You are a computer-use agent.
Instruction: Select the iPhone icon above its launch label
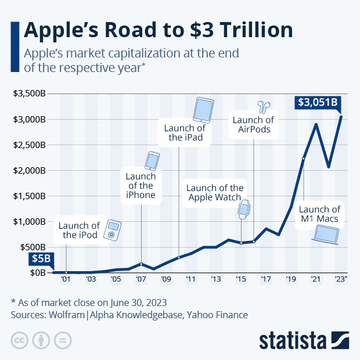(152, 160)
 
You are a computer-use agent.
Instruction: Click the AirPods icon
(265, 106)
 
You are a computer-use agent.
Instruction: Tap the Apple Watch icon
(244, 210)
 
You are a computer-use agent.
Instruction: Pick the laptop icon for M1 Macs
(325, 233)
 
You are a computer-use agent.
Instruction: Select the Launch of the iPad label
(183, 132)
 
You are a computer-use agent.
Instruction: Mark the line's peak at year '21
(316, 124)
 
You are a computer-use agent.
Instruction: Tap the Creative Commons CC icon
(20, 340)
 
